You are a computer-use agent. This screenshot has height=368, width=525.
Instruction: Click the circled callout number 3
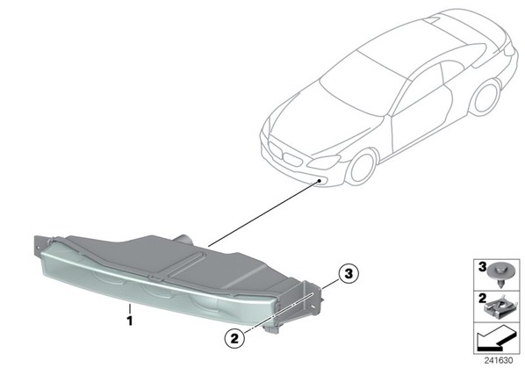349,273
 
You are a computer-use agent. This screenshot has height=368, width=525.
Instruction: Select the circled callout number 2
234,338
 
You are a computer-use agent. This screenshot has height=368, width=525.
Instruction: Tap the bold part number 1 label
130,321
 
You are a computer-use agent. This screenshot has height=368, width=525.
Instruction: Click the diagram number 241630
499,361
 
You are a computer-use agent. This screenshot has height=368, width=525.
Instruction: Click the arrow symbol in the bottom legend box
495,338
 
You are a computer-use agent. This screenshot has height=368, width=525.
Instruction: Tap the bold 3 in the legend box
481,267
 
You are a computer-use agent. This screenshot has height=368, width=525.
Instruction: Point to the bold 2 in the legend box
481,298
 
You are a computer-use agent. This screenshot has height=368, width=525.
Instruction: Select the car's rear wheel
486,97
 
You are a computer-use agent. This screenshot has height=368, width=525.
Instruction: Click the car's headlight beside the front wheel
323,162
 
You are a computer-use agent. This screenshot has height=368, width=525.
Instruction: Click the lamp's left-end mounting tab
40,246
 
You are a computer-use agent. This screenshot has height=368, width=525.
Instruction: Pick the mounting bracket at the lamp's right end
310,300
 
